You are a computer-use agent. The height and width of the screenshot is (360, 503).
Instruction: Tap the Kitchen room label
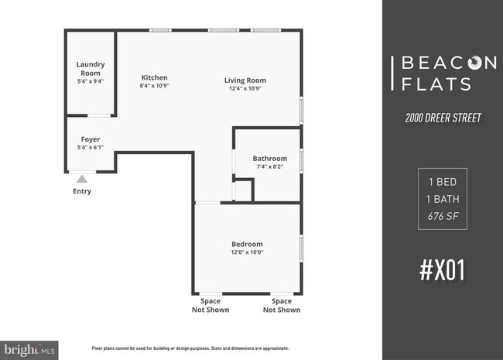click(x=154, y=77)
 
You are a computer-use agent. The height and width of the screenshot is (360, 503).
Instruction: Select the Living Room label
click(x=245, y=80)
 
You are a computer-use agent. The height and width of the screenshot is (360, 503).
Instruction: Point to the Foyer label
click(x=91, y=139)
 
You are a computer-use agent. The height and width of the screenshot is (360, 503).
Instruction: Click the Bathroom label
click(x=269, y=159)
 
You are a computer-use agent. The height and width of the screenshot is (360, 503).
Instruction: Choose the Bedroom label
click(x=247, y=244)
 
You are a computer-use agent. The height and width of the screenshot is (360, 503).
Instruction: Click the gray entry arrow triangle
click(x=81, y=180)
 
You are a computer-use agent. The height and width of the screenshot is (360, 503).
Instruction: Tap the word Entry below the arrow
click(x=81, y=191)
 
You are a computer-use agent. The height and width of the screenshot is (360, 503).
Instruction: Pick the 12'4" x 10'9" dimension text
click(x=245, y=88)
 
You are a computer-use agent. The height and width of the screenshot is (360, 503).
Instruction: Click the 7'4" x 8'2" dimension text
click(x=269, y=167)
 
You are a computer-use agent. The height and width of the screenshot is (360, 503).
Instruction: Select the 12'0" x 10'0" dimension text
click(x=247, y=252)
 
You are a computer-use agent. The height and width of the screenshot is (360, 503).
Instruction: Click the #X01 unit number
click(x=443, y=271)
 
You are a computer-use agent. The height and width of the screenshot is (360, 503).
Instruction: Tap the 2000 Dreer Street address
click(x=443, y=118)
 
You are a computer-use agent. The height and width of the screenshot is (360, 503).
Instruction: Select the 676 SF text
click(x=443, y=215)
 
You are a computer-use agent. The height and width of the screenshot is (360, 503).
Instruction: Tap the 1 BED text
click(x=443, y=183)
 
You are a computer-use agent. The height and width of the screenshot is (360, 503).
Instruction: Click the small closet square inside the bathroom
click(x=243, y=190)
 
